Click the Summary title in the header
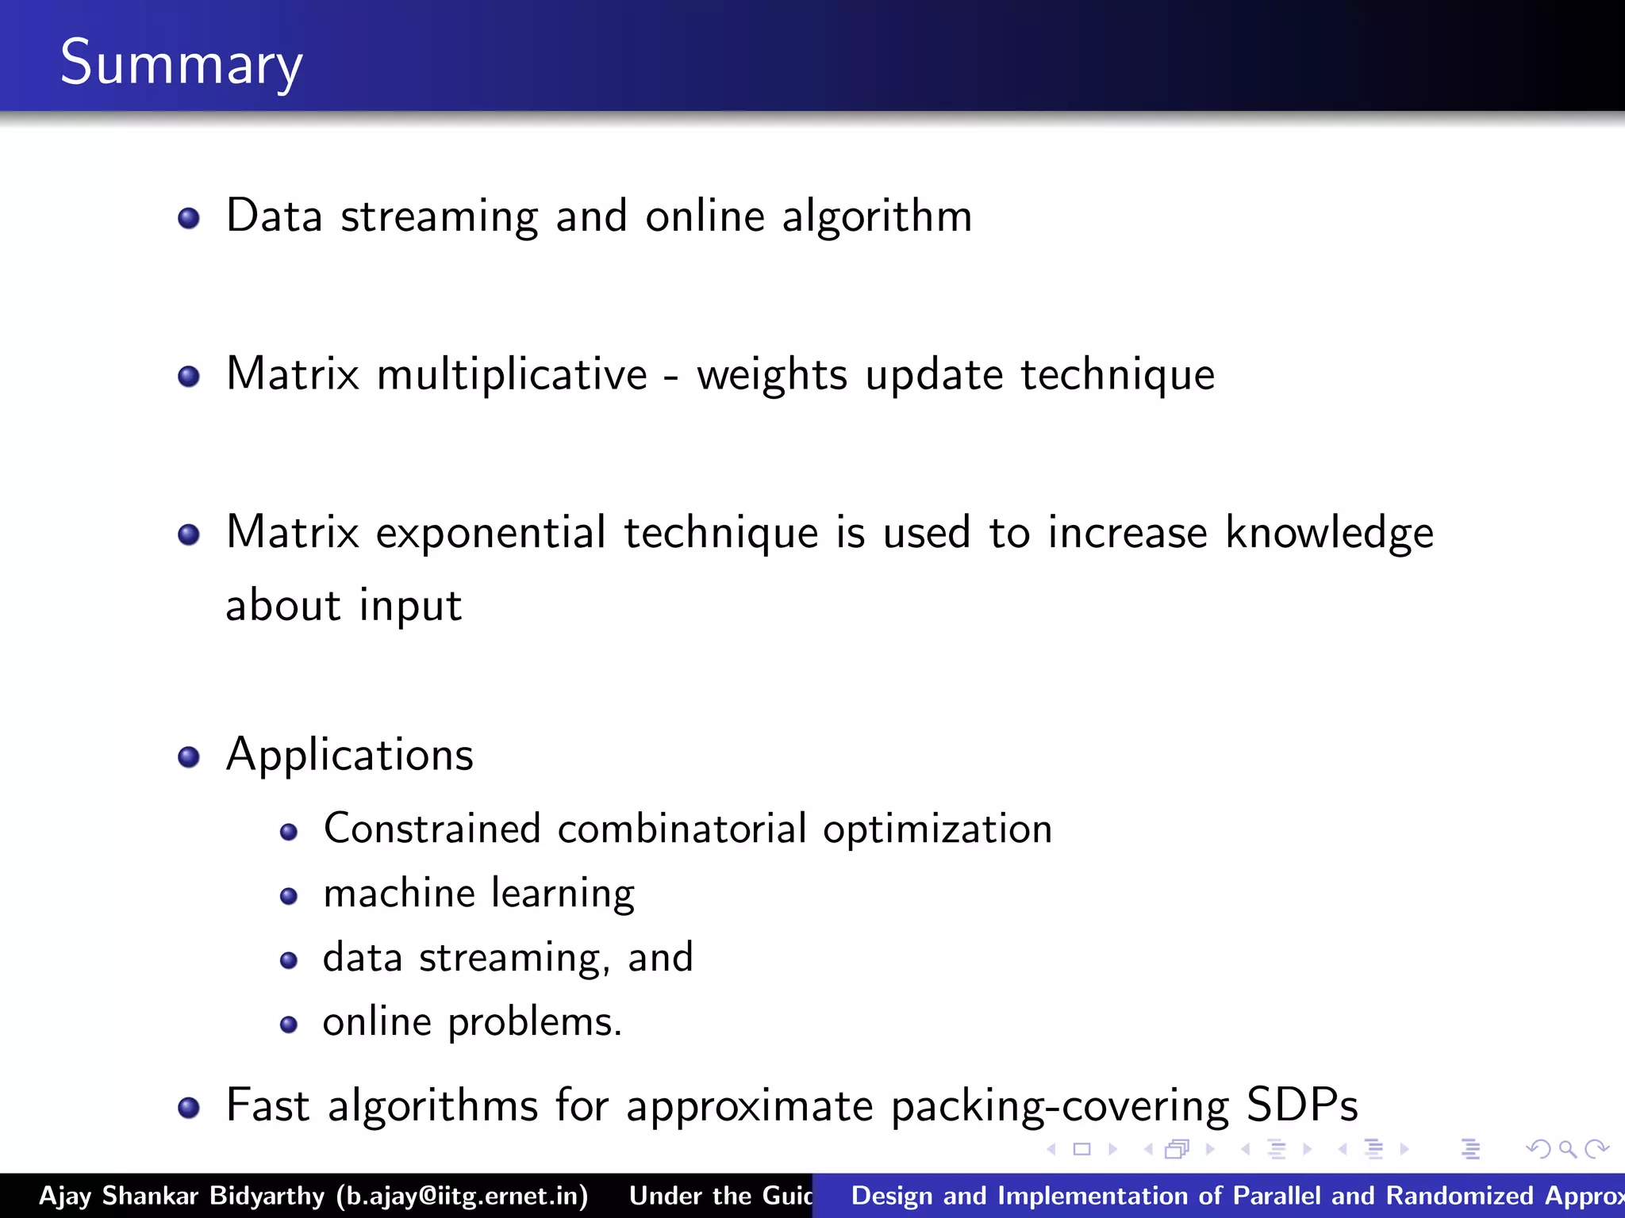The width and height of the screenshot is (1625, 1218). click(181, 63)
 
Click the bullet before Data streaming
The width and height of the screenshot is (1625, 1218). click(188, 218)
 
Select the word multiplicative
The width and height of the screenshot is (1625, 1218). click(512, 375)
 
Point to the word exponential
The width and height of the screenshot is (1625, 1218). click(490, 533)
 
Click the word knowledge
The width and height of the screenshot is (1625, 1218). click(1329, 533)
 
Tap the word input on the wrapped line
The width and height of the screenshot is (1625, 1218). click(410, 607)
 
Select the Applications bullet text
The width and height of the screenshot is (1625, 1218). click(349, 755)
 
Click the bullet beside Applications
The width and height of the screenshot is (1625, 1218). click(188, 757)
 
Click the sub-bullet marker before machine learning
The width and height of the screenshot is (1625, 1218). click(289, 897)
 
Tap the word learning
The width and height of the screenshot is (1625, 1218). click(563, 894)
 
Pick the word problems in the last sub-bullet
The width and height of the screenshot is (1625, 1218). click(534, 1023)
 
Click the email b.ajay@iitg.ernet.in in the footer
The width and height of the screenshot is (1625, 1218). click(462, 1196)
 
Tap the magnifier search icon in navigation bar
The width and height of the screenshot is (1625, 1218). click(1567, 1149)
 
